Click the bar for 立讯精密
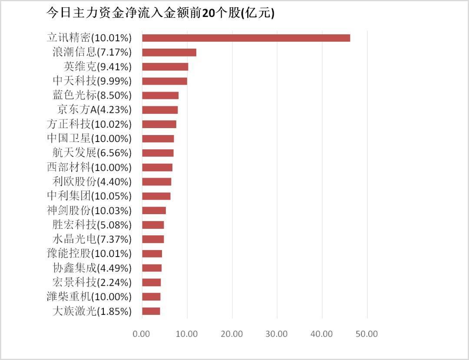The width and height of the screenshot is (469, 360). [x=246, y=38]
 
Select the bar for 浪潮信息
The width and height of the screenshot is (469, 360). [x=169, y=53]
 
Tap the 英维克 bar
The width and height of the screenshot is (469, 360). [x=165, y=67]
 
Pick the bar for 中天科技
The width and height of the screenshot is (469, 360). [x=165, y=81]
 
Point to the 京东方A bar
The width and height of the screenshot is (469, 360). [x=160, y=110]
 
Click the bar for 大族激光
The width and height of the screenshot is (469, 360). [x=151, y=311]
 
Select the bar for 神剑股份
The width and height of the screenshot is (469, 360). [x=154, y=211]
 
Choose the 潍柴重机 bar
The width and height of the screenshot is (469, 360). [x=151, y=297]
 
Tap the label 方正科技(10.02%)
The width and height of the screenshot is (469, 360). [x=89, y=124]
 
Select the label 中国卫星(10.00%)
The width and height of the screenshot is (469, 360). [x=89, y=139]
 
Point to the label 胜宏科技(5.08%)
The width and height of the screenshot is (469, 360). [x=92, y=225]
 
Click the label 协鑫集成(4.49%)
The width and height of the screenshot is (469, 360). [x=92, y=268]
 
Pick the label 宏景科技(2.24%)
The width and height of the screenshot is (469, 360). [x=92, y=282]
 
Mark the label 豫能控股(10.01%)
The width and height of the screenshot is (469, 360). [x=89, y=254]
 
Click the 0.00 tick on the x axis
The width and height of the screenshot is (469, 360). [x=142, y=334]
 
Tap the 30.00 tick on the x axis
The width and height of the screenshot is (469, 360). [x=277, y=334]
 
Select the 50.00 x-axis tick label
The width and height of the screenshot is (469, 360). [x=367, y=334]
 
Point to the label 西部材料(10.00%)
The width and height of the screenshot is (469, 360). [x=89, y=167]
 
